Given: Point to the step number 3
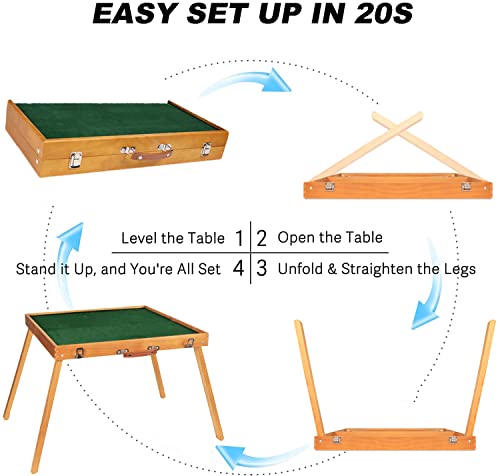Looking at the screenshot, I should click(262, 268).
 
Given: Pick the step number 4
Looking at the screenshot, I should click(238, 268).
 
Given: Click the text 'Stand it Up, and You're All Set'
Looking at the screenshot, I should click(119, 268).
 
